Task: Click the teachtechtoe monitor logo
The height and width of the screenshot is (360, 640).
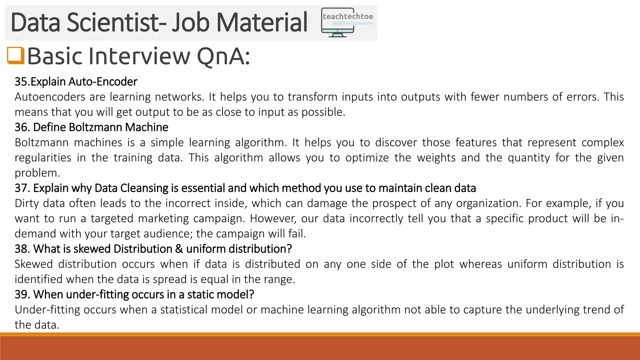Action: tap(347, 22)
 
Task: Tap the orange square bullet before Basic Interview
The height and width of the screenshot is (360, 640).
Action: tap(16, 56)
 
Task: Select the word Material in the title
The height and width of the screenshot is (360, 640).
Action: tap(262, 22)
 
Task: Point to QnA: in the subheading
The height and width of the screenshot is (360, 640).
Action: tap(223, 56)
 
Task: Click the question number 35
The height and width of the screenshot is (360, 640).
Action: tap(22, 82)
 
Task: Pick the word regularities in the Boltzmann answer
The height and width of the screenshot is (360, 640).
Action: tap(43, 158)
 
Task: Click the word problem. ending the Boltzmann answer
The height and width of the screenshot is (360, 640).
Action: tap(37, 173)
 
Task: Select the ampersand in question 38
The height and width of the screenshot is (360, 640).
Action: tap(179, 249)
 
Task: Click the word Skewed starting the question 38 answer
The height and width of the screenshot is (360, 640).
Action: tap(34, 264)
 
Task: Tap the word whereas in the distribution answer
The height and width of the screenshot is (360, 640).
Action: tap(481, 264)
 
